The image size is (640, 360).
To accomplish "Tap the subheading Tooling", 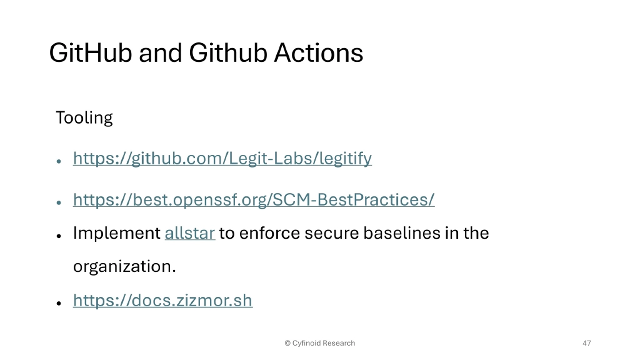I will pyautogui.click(x=84, y=117).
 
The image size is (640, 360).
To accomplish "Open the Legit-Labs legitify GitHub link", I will pyautogui.click(x=222, y=159).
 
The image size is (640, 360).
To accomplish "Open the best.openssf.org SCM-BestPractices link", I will pyautogui.click(x=254, y=200).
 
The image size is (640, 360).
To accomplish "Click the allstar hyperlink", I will pyautogui.click(x=190, y=234).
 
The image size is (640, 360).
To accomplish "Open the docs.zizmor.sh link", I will pyautogui.click(x=162, y=301).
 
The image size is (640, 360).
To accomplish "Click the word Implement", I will pyautogui.click(x=117, y=234).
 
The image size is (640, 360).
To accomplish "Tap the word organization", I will pyautogui.click(x=124, y=267).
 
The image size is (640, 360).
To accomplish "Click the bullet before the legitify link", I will pyautogui.click(x=58, y=161).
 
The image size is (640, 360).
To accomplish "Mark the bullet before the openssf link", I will pyautogui.click(x=58, y=202).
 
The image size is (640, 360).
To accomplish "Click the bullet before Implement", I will pyautogui.click(x=58, y=236).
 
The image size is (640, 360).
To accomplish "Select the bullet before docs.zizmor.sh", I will pyautogui.click(x=58, y=302).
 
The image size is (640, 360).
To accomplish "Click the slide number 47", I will pyautogui.click(x=586, y=343).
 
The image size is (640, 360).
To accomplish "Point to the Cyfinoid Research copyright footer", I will pyautogui.click(x=319, y=343).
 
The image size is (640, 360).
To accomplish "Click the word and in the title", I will pyautogui.click(x=160, y=53).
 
